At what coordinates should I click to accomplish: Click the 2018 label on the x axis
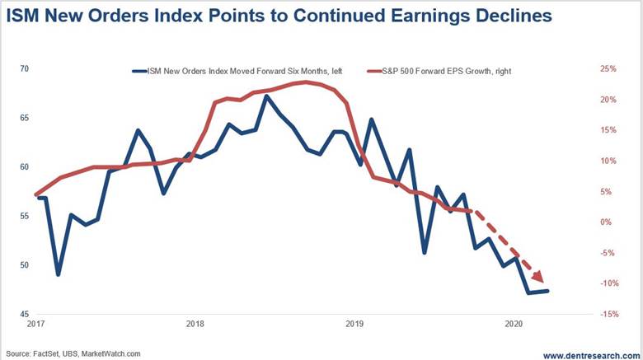click(195, 325)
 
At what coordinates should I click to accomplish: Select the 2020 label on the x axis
click(513, 325)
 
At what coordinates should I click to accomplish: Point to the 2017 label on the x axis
click(35, 325)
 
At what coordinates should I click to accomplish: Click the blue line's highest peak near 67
click(266, 96)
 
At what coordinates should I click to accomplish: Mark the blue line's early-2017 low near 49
click(58, 274)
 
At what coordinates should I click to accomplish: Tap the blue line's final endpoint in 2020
click(547, 291)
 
